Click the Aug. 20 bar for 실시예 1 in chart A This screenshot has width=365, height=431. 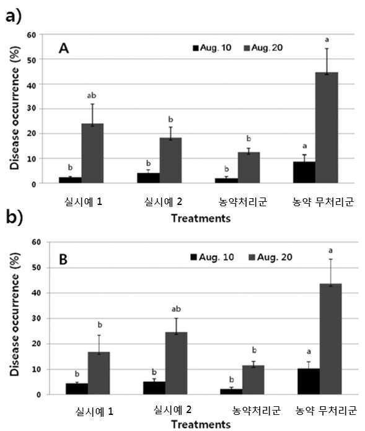pos(92,153)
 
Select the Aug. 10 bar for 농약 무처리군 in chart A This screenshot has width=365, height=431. pos(304,172)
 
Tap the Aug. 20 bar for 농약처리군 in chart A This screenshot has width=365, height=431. pos(248,167)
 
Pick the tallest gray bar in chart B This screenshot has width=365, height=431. pos(331,339)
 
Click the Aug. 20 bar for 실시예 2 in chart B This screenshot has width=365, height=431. pos(177,363)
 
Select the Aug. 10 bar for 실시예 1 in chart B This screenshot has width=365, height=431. pos(77,389)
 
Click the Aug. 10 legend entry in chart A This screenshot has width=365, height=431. pos(212,48)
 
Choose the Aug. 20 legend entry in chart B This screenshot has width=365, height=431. pos(271,257)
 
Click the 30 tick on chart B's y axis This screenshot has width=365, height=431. pos(37,318)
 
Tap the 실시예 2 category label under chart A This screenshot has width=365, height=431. pos(163,202)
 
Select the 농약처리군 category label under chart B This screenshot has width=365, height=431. pos(257,411)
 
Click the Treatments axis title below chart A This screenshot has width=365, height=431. pos(201,219)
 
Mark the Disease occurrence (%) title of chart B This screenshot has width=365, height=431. pos(15,314)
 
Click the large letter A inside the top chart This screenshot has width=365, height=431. pos(64,48)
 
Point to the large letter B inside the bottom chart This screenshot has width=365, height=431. pos(63,259)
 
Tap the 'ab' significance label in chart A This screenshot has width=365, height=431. pos(92,95)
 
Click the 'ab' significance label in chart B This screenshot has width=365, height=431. pos(176,309)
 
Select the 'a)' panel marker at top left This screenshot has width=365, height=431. pos(13,17)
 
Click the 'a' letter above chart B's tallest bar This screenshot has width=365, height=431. pos(331,251)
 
